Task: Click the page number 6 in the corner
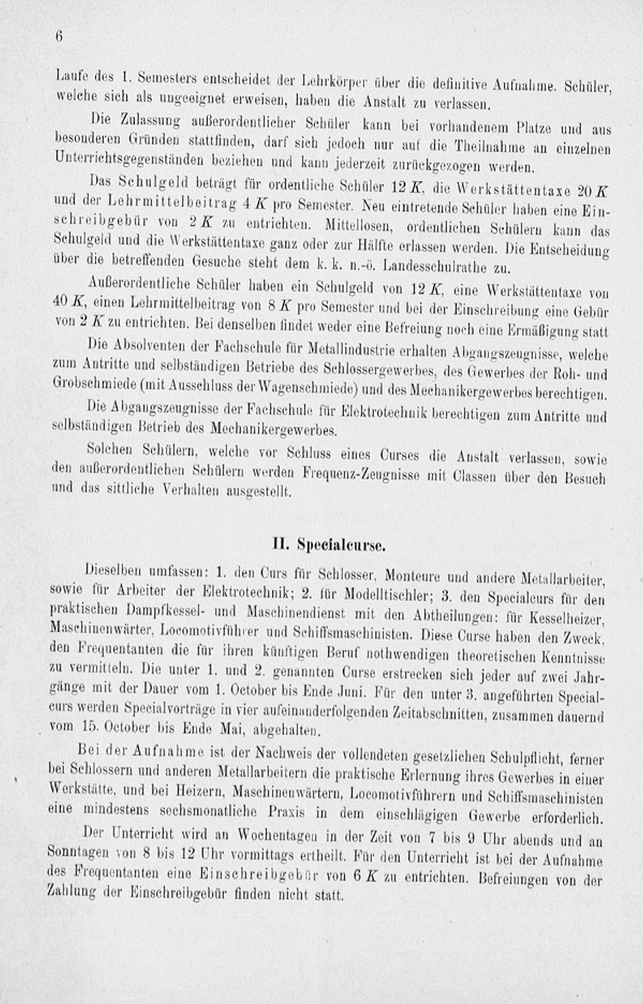tap(59, 37)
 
